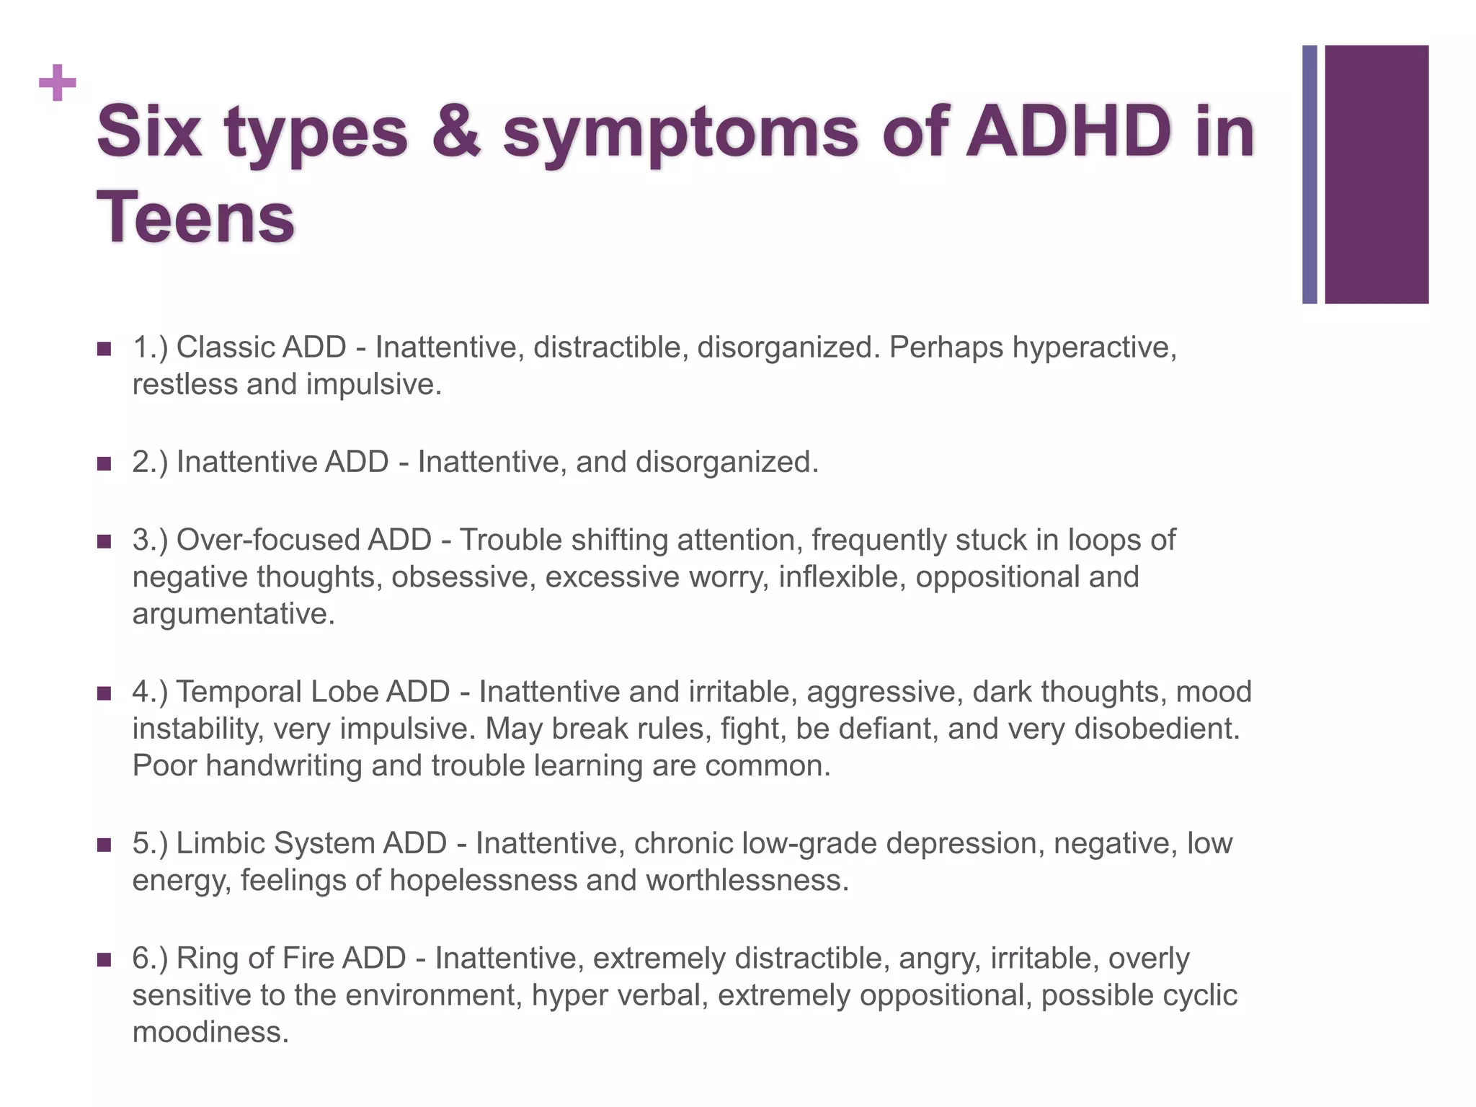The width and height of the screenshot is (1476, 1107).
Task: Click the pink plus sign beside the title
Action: pos(58,84)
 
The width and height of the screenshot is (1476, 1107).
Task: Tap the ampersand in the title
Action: pos(455,133)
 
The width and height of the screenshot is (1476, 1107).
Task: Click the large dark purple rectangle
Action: pos(1376,174)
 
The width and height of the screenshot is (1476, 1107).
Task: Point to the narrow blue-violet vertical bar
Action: pos(1310,174)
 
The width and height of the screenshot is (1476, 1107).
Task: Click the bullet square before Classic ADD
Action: pos(104,350)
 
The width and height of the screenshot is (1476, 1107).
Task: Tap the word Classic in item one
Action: pos(225,347)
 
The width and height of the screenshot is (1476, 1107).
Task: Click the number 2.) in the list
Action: pos(150,462)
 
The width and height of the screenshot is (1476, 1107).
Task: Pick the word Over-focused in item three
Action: pos(303,540)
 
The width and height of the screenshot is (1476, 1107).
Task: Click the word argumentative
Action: pos(233,614)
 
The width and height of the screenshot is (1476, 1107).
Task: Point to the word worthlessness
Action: pos(747,881)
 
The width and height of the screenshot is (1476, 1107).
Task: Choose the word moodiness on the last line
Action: pos(210,1033)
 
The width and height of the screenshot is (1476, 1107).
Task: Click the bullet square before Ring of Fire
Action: pos(104,960)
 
